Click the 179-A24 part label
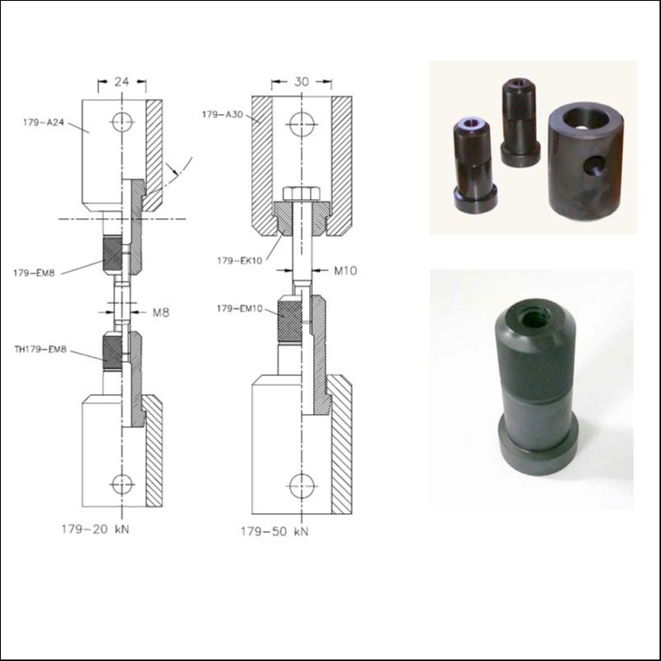tap(44, 122)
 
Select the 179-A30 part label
tap(222, 114)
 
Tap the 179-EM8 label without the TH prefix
tap(34, 273)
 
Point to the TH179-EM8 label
tap(40, 350)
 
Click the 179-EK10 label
tap(240, 260)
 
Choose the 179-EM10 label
tap(240, 308)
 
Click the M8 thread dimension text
tap(160, 312)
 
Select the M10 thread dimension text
tap(345, 271)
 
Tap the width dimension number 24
tap(121, 81)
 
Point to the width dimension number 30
tap(302, 81)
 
